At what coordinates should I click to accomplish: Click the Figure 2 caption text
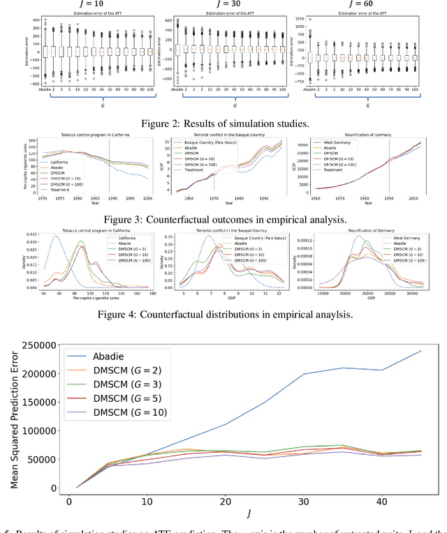pos(223,124)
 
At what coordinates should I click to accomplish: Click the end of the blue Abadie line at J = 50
pos(421,351)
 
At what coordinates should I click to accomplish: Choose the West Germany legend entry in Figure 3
pos(335,142)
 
